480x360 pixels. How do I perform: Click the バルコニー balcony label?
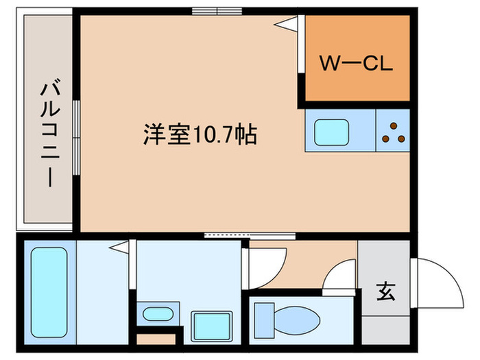[x=47, y=134]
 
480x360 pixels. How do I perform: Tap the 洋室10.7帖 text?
[x=200, y=133]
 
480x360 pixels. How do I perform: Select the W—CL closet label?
[x=356, y=65]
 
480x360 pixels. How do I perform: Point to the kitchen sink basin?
[x=332, y=132]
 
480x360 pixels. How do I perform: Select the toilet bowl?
[x=289, y=319]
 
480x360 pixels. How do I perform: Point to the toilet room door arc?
[x=339, y=279]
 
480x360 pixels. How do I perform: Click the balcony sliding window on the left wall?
[x=77, y=130]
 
